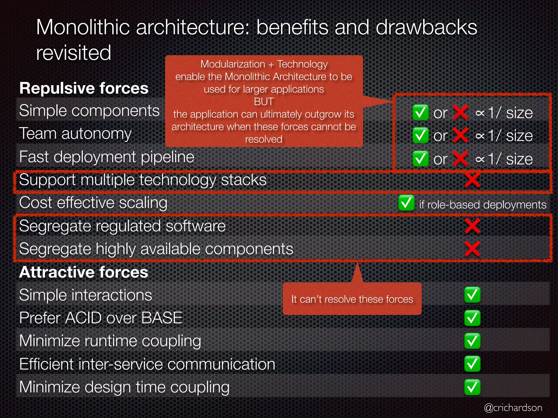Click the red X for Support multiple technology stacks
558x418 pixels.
click(472, 180)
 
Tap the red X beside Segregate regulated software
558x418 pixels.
click(472, 226)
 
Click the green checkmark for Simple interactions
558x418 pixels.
click(472, 295)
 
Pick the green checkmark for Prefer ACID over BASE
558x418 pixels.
click(472, 318)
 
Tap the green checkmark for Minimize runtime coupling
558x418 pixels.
click(472, 341)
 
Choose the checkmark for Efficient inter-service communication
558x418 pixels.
click(472, 364)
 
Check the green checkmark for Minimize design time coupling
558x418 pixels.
click(472, 387)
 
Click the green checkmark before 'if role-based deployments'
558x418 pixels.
click(406, 203)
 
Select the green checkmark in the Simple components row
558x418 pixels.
click(420, 112)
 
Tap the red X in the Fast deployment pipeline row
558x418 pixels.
click(460, 158)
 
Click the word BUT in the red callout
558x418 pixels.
click(263, 102)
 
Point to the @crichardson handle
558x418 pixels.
click(513, 408)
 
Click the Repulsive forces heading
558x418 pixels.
click(84, 88)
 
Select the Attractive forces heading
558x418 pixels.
click(84, 272)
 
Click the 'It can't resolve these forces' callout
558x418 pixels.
click(352, 299)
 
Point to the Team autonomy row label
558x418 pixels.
click(75, 134)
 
